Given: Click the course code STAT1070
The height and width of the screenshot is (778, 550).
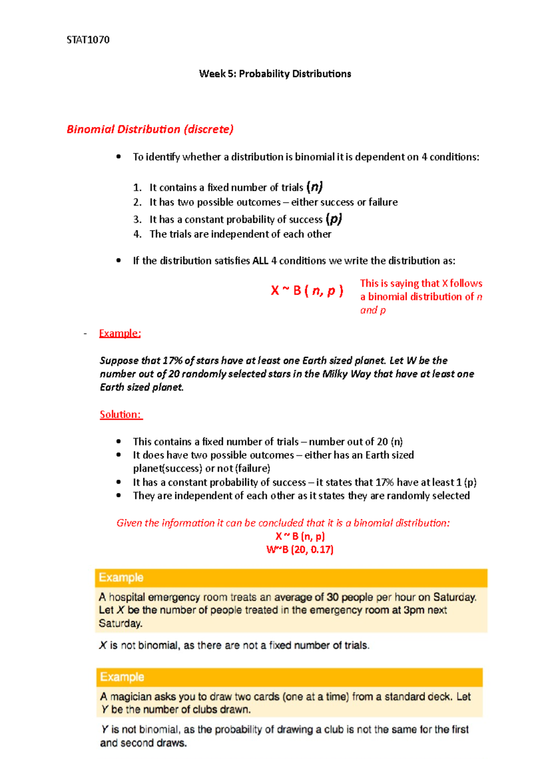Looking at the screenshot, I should click(88, 40).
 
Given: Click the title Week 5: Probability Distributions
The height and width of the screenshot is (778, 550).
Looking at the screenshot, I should click(275, 74).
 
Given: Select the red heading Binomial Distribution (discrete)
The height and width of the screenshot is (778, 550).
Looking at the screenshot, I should click(150, 129).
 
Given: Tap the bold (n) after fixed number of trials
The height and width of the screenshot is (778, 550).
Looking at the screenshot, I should click(315, 187).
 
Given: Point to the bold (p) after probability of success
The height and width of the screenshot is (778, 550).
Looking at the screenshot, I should click(334, 219).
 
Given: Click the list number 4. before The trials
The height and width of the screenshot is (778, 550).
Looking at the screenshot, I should click(137, 234).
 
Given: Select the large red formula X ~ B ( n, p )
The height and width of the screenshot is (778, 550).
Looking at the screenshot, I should click(307, 290).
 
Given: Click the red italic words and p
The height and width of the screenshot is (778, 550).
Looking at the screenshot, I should click(373, 310).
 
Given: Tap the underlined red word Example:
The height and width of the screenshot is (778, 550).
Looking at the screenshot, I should click(120, 333).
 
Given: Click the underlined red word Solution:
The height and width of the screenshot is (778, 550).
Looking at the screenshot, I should click(121, 414).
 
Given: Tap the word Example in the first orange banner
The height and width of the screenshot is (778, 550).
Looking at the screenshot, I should click(121, 577).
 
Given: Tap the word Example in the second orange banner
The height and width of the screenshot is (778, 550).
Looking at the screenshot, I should click(122, 677).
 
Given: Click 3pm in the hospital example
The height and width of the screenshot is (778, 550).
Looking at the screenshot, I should click(414, 610).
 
